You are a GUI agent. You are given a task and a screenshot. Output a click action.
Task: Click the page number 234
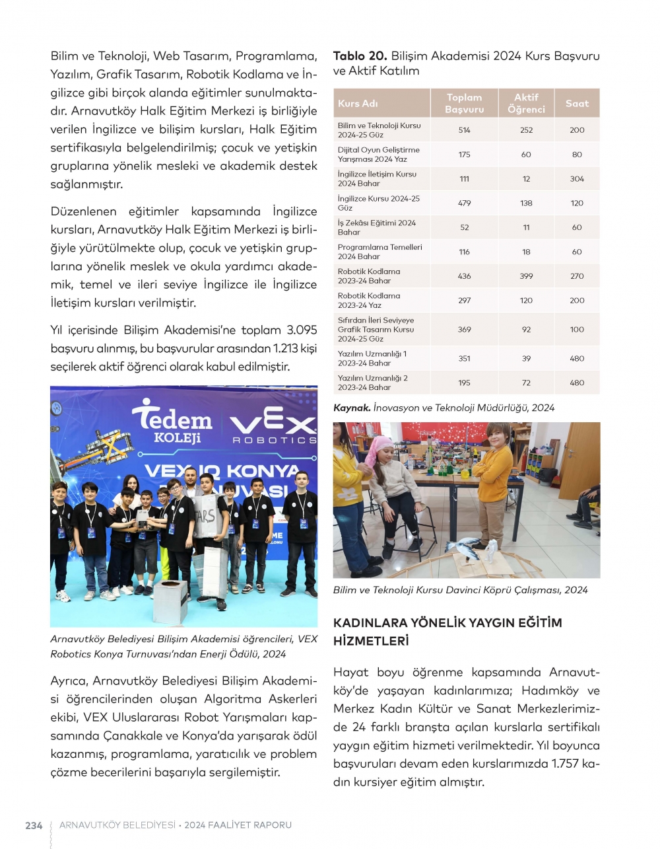(34, 825)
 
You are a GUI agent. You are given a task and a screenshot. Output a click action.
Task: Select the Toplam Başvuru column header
(464, 103)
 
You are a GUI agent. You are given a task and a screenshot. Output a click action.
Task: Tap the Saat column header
(577, 103)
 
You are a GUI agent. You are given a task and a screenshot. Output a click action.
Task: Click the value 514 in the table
(464, 130)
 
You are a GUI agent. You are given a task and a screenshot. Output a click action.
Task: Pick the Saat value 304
(577, 179)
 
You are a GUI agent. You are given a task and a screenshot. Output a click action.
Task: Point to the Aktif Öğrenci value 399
(526, 276)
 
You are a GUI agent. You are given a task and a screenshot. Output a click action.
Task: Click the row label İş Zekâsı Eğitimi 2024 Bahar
(377, 227)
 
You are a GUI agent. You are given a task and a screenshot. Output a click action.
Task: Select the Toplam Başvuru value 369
(464, 329)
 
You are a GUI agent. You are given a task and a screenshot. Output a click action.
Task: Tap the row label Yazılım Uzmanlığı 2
(373, 383)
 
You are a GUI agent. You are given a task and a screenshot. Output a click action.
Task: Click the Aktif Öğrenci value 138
(526, 203)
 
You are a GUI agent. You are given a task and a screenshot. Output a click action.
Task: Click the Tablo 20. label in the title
(360, 56)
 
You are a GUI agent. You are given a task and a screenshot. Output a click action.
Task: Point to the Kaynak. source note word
(352, 408)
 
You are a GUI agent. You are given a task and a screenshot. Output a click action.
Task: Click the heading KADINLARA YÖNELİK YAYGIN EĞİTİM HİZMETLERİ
(447, 632)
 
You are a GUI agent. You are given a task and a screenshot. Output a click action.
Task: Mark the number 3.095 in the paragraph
(302, 330)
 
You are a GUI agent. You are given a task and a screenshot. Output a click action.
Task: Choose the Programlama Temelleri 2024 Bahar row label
(379, 252)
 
